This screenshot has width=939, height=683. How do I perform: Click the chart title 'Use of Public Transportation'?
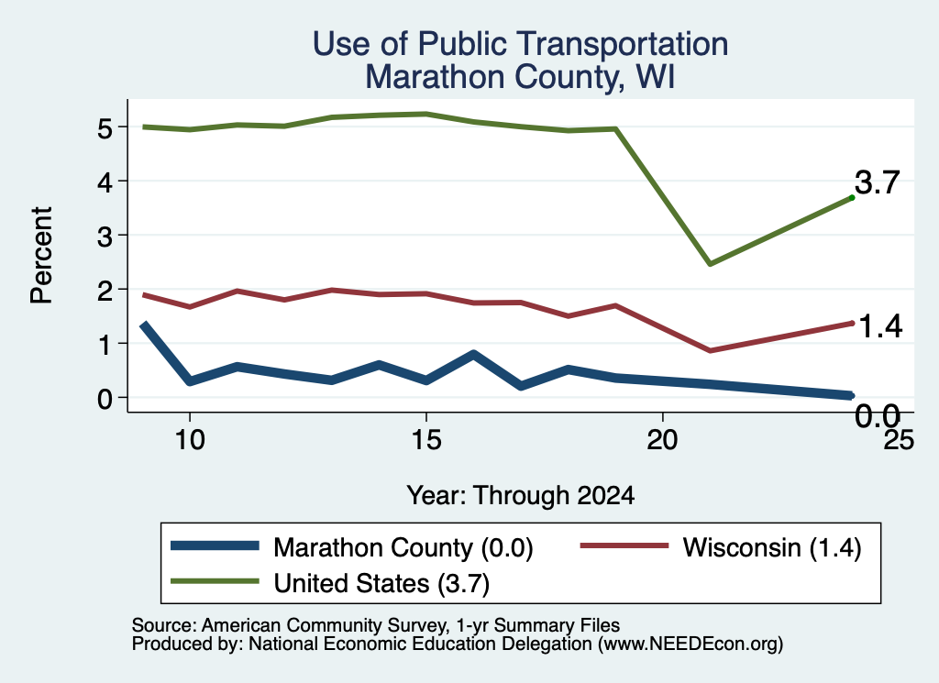(x=521, y=44)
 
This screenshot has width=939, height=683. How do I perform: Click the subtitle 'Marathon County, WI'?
(x=521, y=77)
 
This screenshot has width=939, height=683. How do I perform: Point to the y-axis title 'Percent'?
(x=41, y=255)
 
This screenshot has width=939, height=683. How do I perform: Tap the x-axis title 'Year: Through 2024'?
(x=521, y=496)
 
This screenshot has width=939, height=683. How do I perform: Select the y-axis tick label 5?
(x=105, y=128)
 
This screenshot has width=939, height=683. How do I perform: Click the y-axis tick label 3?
(x=105, y=237)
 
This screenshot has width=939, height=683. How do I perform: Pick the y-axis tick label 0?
(x=105, y=399)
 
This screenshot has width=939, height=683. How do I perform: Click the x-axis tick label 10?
(x=190, y=441)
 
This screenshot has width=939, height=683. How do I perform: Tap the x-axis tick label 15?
(x=426, y=441)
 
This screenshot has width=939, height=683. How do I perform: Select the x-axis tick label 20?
(x=662, y=441)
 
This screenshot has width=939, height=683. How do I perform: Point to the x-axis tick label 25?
(x=899, y=441)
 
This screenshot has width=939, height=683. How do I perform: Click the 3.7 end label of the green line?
(x=878, y=182)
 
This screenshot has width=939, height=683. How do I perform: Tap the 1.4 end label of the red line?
(x=880, y=327)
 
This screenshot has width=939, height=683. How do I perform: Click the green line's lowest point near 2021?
(x=710, y=263)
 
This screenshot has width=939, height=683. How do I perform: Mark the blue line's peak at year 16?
(x=474, y=354)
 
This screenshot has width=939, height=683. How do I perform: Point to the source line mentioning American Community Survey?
(x=375, y=625)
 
